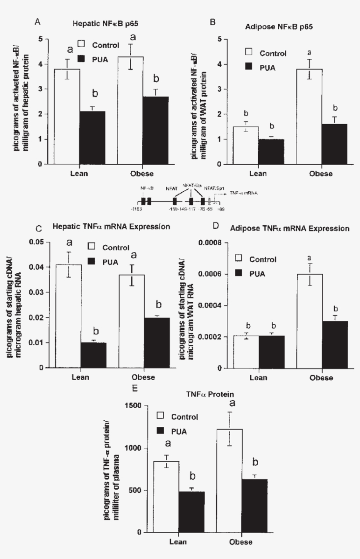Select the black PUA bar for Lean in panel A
pos(92,137)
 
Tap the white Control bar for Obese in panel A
pos(130,110)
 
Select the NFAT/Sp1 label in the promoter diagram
pos(213,188)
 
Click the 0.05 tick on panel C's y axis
pos(37,242)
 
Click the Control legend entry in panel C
pos(109,247)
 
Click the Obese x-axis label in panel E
pos(241,542)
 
